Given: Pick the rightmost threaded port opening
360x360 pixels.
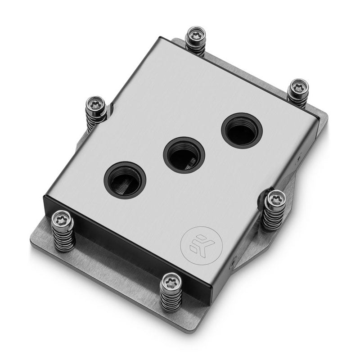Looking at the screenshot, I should click(x=242, y=130).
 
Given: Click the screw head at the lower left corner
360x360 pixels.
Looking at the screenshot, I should click(x=62, y=219).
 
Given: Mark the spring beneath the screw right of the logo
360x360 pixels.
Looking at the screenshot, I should click(x=274, y=216).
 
